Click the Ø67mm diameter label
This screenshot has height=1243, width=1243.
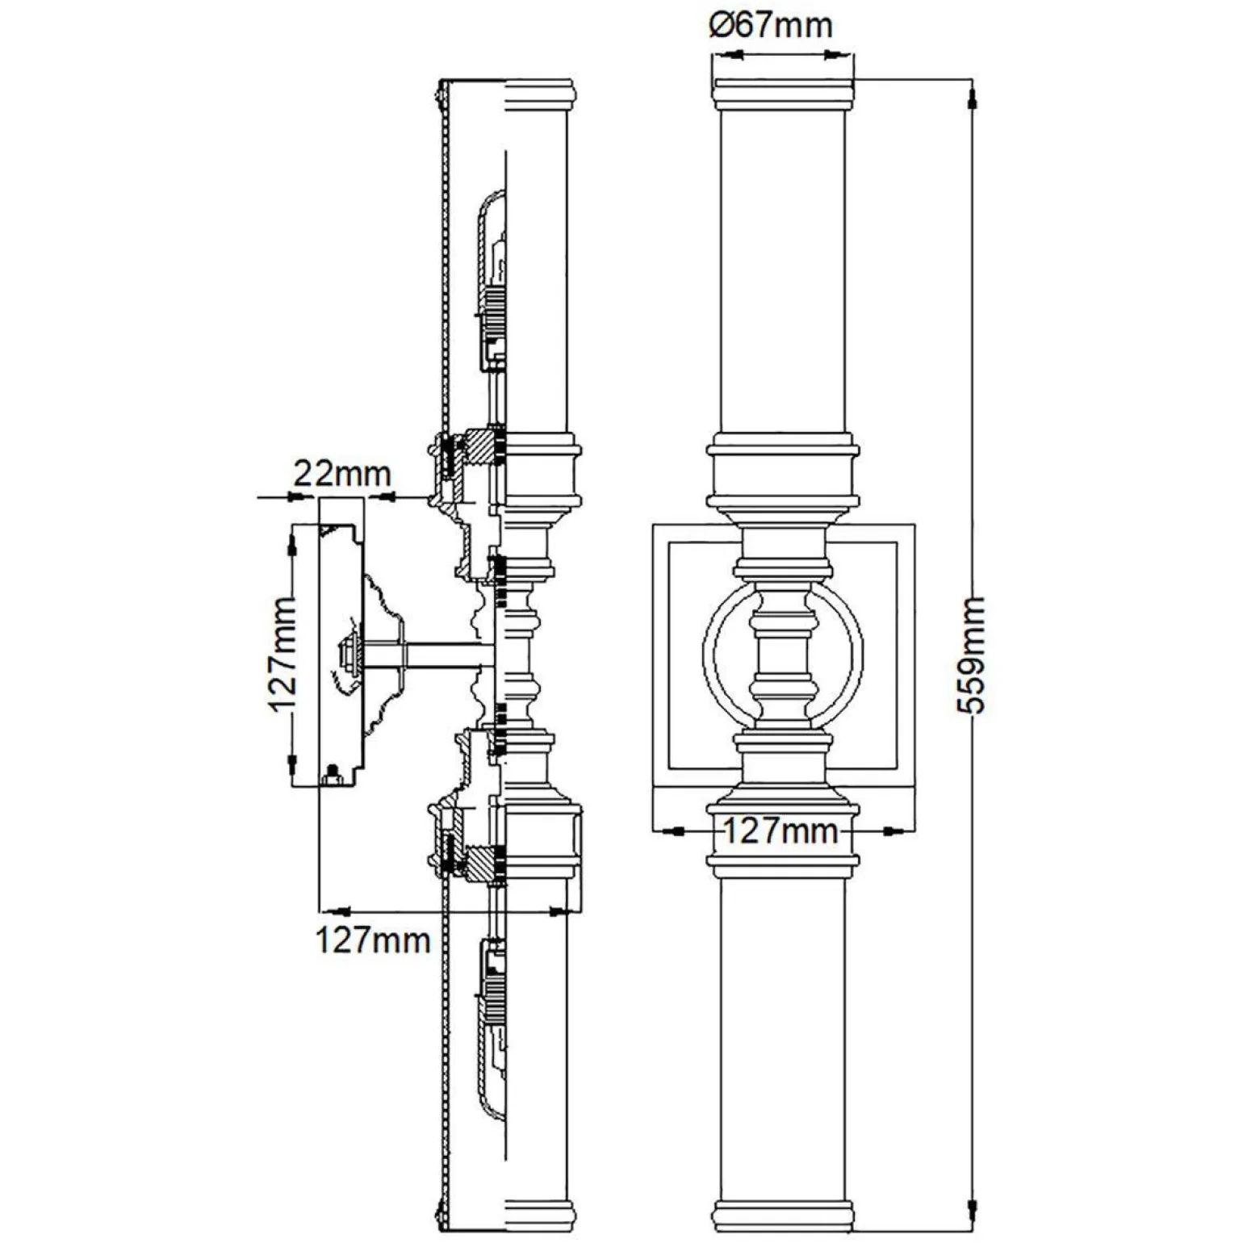[x=770, y=25]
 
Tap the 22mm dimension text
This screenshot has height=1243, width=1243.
[x=341, y=473]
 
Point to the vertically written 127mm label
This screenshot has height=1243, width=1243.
[x=282, y=654]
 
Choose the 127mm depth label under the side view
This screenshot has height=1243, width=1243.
[x=372, y=940]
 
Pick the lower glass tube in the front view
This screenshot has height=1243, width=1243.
[x=782, y=1041]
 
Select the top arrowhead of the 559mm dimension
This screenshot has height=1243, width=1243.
[x=972, y=102]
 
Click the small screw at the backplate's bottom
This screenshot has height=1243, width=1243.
[x=330, y=778]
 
